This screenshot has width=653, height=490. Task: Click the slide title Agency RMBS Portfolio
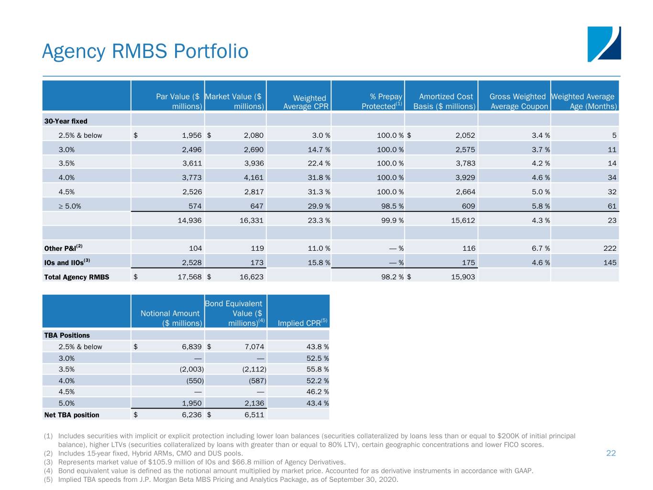coord(145,51)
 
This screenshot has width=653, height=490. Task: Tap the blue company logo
coord(604,44)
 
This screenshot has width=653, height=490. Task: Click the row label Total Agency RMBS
coord(77,277)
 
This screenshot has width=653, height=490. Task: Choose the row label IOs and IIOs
coord(67,262)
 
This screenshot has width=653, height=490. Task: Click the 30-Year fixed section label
coord(66,122)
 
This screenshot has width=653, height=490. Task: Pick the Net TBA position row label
coord(71,415)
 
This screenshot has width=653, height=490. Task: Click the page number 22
coord(611,453)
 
